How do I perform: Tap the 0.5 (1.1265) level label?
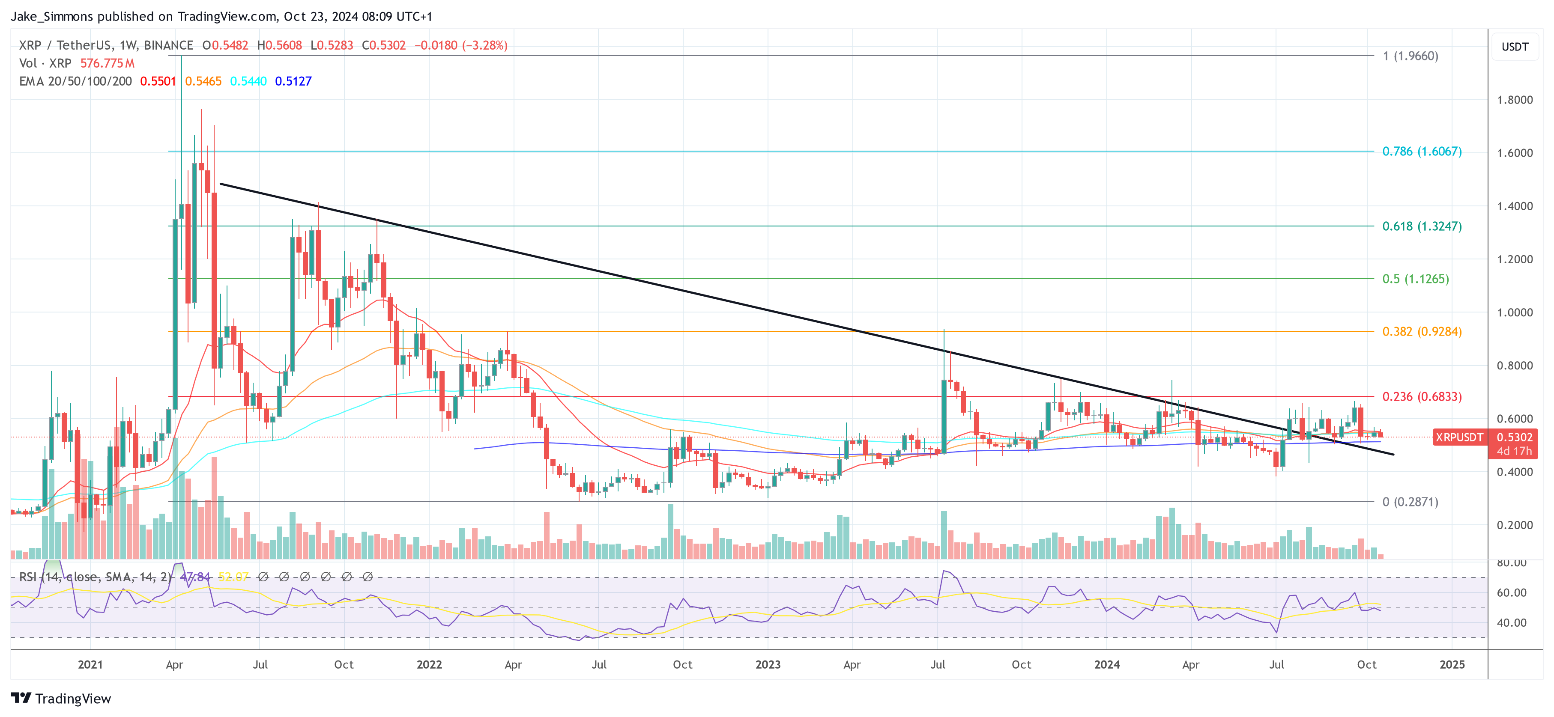coord(1415,279)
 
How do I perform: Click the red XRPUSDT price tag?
coord(1458,437)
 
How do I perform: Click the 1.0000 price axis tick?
coord(1514,312)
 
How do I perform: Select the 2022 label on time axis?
coord(429,664)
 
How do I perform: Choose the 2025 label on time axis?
coord(1452,664)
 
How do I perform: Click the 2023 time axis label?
coord(767,664)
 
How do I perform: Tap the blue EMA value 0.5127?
coord(293,81)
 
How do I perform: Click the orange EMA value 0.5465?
coord(203,81)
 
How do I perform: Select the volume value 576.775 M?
coord(108,63)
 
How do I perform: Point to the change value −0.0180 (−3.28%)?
coord(461,45)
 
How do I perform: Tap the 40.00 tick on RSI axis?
coord(1511,623)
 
